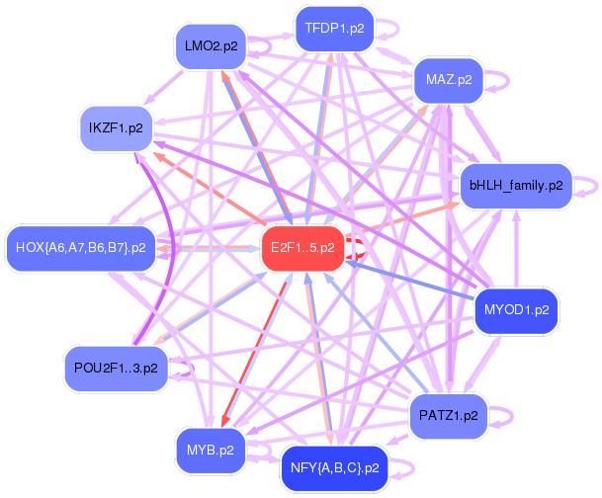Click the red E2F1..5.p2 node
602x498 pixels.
point(301,247)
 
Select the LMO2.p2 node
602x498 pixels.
point(211,46)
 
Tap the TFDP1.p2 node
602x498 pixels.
point(334,29)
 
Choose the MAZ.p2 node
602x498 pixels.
point(448,78)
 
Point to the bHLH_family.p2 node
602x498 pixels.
point(516,185)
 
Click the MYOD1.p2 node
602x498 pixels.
point(516,310)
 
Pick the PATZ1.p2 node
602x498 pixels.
point(449,415)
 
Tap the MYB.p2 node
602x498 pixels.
point(210,450)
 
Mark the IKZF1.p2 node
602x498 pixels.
point(115,127)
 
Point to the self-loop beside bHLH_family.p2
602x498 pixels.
point(590,185)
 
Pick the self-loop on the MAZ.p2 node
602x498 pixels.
point(497,78)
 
